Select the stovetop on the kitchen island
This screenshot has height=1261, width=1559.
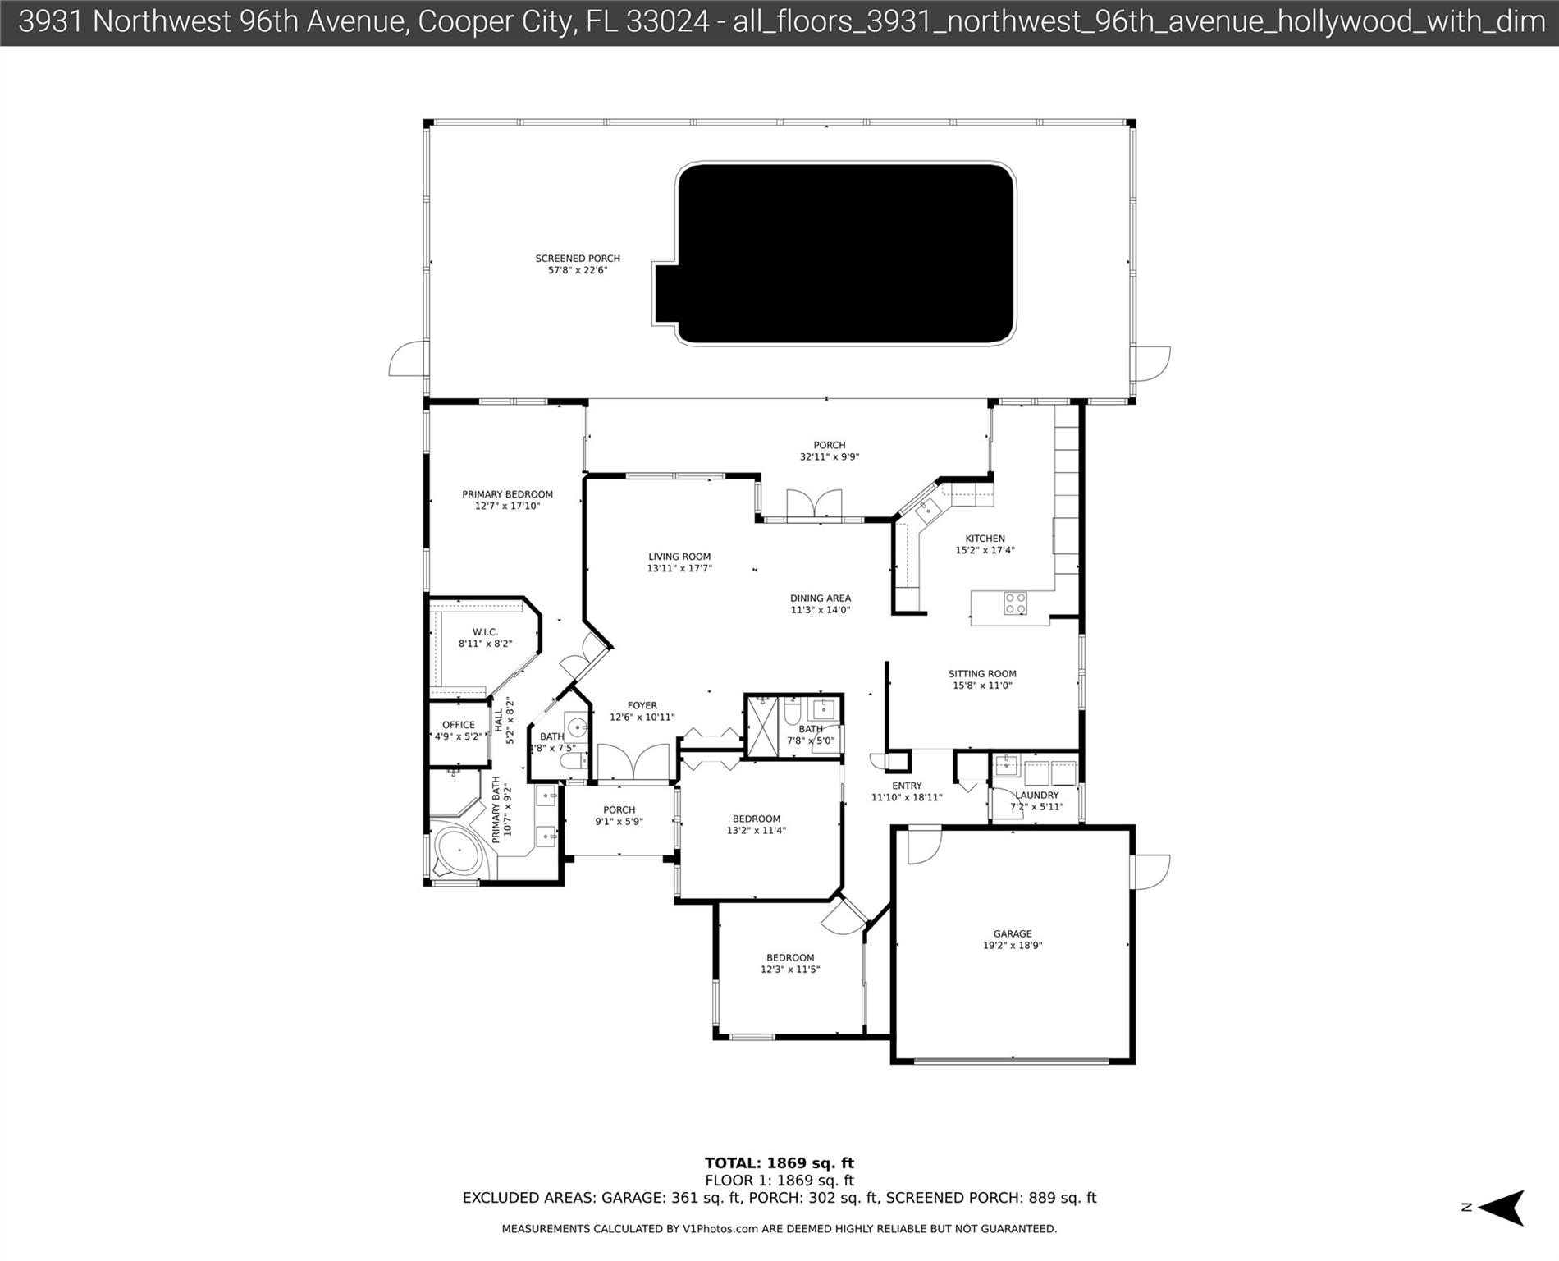pos(1015,603)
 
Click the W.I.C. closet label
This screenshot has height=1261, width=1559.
pos(485,632)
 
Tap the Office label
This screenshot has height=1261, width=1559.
pos(459,725)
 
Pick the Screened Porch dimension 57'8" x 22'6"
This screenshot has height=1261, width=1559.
pos(578,270)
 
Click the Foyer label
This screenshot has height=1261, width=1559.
pos(642,705)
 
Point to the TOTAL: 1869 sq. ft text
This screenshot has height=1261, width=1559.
pos(779,1162)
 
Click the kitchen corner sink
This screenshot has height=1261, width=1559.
pos(928,510)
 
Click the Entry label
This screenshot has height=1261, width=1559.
pos(907,786)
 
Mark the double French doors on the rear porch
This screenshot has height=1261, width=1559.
pos(814,503)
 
